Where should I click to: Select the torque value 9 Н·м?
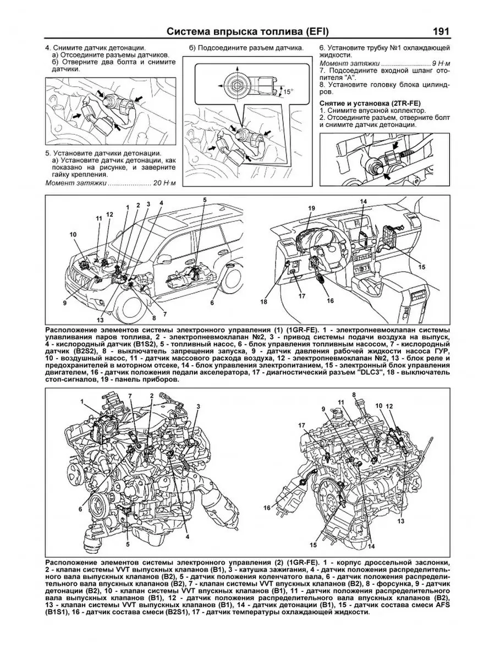439,64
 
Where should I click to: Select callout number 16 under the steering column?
330,301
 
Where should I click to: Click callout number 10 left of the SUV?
73,235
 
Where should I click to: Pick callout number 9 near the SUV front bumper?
64,302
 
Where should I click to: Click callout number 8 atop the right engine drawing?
355,394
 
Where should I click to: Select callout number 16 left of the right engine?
268,508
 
